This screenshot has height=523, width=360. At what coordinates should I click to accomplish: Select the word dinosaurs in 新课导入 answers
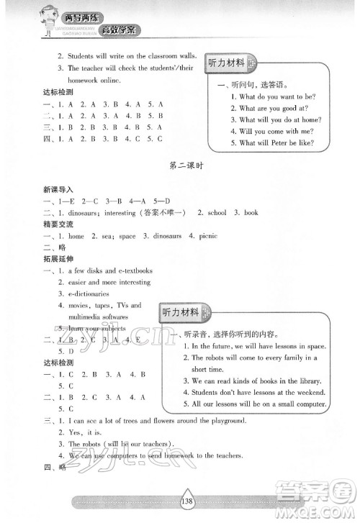pos(87,212)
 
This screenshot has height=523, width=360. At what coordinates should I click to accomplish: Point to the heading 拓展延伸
pos(57,258)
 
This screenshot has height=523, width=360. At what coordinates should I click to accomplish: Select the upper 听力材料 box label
pos(225,63)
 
